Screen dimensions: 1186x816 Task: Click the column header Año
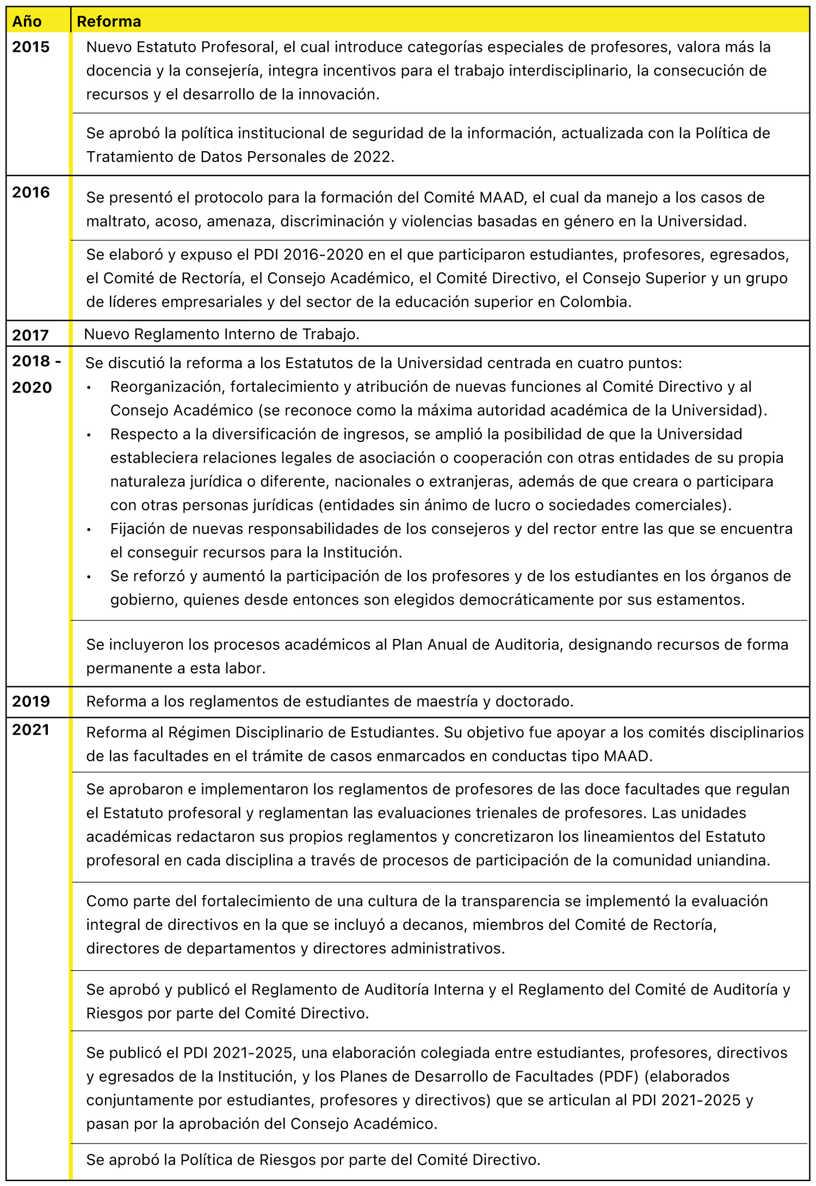[27, 21]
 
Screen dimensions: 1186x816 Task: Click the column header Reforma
[109, 21]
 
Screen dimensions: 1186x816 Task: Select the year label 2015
[30, 47]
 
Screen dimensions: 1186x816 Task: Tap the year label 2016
[30, 192]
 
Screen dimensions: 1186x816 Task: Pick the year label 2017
[30, 335]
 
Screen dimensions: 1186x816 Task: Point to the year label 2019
[30, 701]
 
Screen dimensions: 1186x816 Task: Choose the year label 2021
[30, 730]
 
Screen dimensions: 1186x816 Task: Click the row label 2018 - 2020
[36, 374]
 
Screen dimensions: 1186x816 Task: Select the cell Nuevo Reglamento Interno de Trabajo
[221, 334]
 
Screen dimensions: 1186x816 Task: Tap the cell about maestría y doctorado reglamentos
[330, 701]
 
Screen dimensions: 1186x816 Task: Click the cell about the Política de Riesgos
[313, 1160]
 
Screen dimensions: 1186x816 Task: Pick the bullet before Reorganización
[89, 387]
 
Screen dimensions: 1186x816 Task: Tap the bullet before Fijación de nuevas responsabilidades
[89, 529]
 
